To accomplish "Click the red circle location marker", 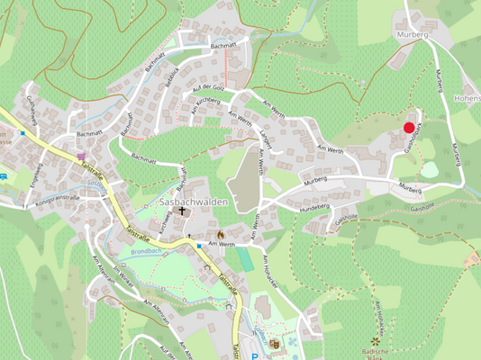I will point(409,128).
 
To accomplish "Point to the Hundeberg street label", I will point(314,205).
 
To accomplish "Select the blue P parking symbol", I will point(255,355).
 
